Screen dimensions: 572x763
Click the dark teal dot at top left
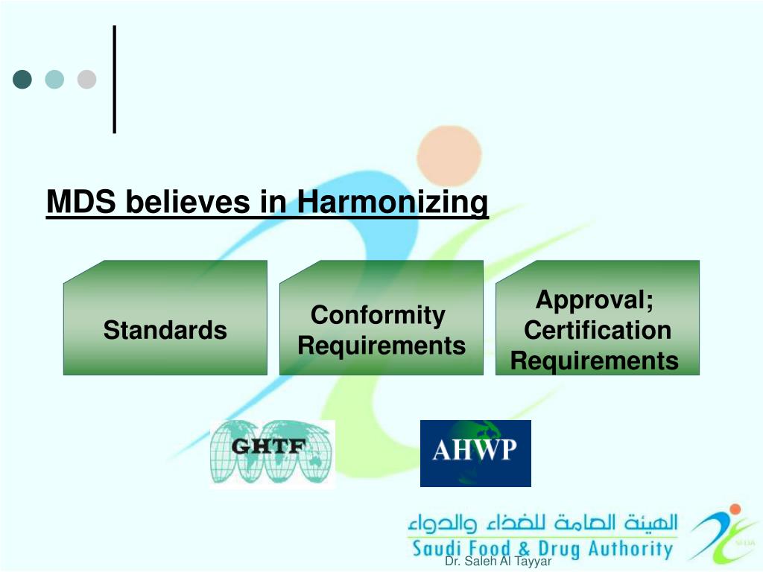[x=22, y=80]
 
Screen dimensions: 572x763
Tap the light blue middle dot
[x=54, y=80]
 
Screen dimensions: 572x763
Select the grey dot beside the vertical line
[x=87, y=80]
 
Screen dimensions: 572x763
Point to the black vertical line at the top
[x=115, y=79]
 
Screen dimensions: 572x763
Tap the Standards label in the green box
[x=165, y=330]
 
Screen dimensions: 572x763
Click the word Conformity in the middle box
[x=378, y=315]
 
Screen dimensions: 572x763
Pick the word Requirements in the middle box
[x=381, y=346]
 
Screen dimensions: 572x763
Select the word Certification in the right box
[x=598, y=331]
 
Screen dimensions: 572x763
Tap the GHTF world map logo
[x=272, y=453]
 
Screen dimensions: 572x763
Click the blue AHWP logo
[x=475, y=453]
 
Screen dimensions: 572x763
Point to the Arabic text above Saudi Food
[x=542, y=523]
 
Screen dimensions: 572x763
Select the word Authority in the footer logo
[x=630, y=550]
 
